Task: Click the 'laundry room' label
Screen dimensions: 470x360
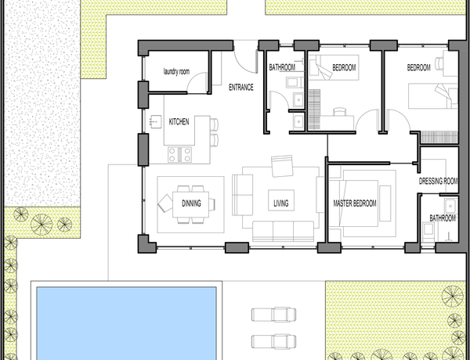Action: tap(176, 72)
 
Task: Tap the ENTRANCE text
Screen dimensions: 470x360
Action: tap(241, 88)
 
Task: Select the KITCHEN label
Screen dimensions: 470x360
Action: tap(179, 122)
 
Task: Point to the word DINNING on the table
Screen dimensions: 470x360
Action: tap(191, 203)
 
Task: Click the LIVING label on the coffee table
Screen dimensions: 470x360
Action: tap(281, 203)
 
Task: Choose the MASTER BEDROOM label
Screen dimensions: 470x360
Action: tap(355, 203)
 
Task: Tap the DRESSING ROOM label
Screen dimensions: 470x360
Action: tap(438, 182)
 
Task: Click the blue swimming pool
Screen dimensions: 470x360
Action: tap(126, 323)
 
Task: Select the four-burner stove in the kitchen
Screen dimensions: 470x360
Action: tap(179, 154)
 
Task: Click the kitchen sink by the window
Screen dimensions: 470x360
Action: tap(155, 121)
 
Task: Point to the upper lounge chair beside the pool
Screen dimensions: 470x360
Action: tap(273, 315)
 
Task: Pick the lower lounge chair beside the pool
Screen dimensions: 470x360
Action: tap(273, 342)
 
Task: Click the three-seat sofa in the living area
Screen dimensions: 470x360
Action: tap(283, 231)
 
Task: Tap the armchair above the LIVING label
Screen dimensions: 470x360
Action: tap(282, 166)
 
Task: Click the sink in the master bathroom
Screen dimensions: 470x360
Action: tap(450, 206)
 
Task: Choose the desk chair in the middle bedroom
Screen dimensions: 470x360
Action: tap(339, 111)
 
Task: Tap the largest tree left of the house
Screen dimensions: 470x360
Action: tap(42, 225)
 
